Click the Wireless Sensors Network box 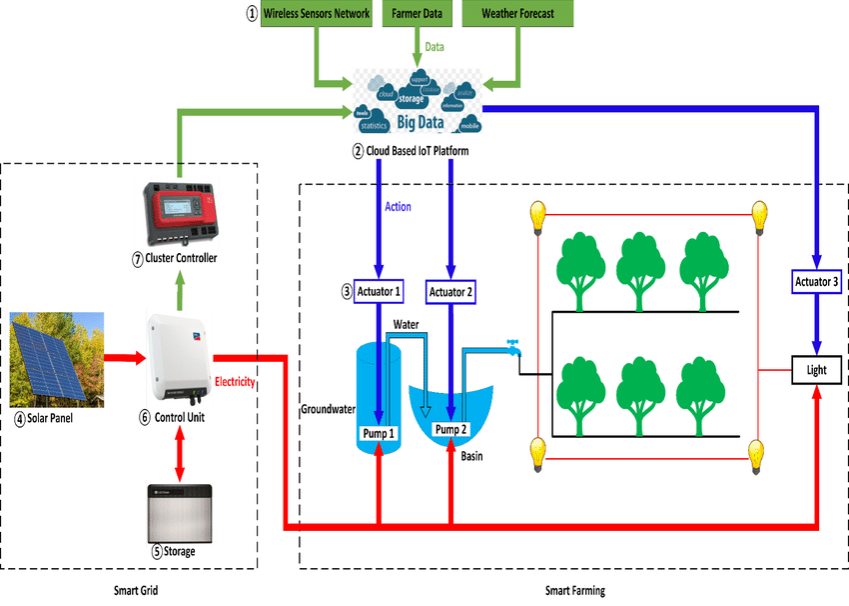point(315,15)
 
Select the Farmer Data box point(417,15)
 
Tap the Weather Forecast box point(516,15)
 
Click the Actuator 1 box point(379,292)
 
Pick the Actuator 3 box point(816,282)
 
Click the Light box point(817,369)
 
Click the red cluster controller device point(181,211)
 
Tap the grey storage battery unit point(180,512)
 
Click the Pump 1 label point(378,434)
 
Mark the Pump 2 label point(451,429)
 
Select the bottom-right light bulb point(759,458)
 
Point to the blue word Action point(398,207)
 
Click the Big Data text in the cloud point(421,122)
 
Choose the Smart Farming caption point(574,591)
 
